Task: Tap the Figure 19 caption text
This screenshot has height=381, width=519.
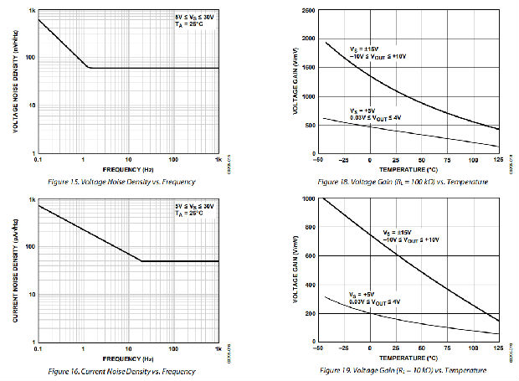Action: pyautogui.click(x=406, y=370)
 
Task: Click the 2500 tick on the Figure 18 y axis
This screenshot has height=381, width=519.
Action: pyautogui.click(x=309, y=11)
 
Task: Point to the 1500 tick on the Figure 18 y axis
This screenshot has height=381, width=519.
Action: pyautogui.click(x=309, y=69)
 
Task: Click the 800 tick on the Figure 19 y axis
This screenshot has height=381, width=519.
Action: pyautogui.click(x=311, y=227)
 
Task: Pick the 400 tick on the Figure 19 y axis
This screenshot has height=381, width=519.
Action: pyautogui.click(x=311, y=284)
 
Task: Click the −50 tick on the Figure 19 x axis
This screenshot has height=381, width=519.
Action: pyautogui.click(x=316, y=348)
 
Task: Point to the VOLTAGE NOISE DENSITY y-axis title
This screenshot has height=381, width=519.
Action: pyautogui.click(x=16, y=81)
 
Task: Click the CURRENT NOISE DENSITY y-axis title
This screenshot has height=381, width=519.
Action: pyautogui.click(x=16, y=270)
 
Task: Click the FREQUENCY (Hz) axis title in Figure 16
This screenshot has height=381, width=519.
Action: pyautogui.click(x=127, y=358)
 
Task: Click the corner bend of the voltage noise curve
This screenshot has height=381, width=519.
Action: pyautogui.click(x=89, y=68)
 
